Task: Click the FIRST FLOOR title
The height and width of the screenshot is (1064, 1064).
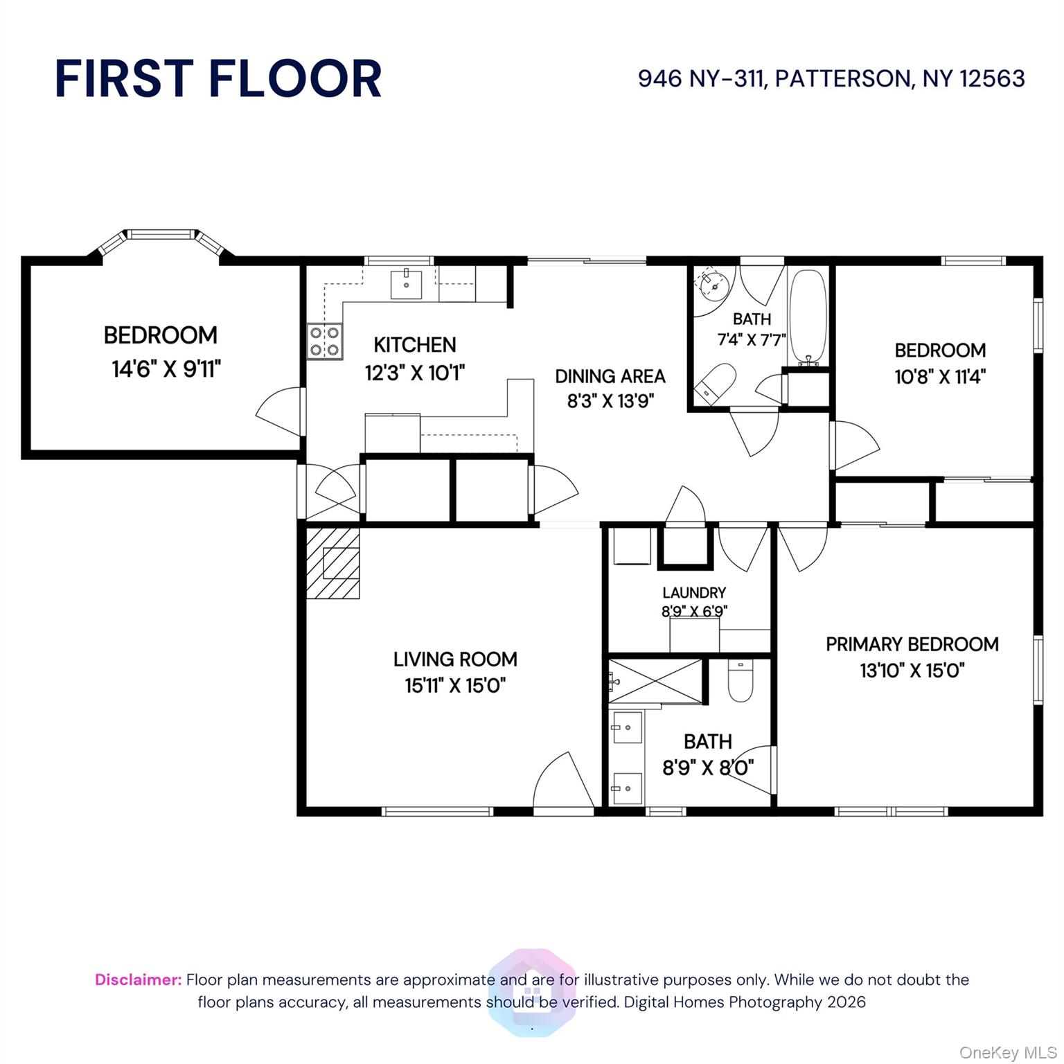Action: pyautogui.click(x=218, y=78)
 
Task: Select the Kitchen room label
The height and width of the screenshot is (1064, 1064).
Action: pyautogui.click(x=415, y=344)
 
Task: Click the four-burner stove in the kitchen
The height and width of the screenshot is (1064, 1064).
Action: pyautogui.click(x=325, y=342)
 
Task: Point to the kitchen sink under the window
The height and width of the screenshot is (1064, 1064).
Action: pyautogui.click(x=407, y=284)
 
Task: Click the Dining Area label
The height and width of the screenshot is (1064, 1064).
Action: pyautogui.click(x=610, y=376)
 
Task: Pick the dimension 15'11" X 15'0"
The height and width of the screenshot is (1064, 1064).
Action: pyautogui.click(x=455, y=686)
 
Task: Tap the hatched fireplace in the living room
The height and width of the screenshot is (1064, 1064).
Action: pyautogui.click(x=332, y=563)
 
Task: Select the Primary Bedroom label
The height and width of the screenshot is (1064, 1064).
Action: pyautogui.click(x=912, y=644)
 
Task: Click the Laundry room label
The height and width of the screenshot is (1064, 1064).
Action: pyautogui.click(x=694, y=592)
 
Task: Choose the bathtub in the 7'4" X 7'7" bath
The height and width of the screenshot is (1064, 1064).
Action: pyautogui.click(x=808, y=317)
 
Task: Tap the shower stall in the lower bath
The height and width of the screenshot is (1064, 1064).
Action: pyautogui.click(x=655, y=682)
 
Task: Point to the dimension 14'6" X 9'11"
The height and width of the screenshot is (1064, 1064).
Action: pyautogui.click(x=166, y=369)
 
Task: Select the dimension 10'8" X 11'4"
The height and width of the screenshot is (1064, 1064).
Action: pyautogui.click(x=940, y=377)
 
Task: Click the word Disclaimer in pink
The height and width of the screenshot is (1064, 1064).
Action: pyautogui.click(x=139, y=979)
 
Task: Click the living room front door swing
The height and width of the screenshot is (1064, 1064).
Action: pyautogui.click(x=563, y=780)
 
